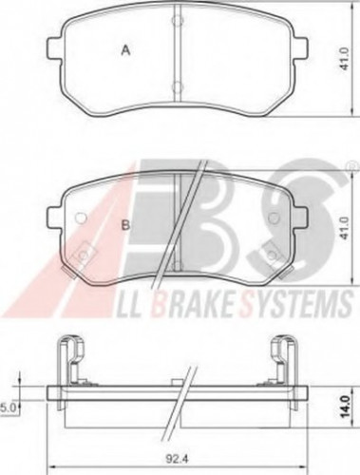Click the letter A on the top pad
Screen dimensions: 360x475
126,50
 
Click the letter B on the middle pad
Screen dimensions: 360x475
126,225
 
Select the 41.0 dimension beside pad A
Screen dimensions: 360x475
345,59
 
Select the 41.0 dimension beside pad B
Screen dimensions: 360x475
345,228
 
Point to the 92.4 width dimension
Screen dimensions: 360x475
178,458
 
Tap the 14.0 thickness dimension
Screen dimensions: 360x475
346,407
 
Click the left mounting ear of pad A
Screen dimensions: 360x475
56,48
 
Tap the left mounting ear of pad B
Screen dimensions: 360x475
56,218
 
